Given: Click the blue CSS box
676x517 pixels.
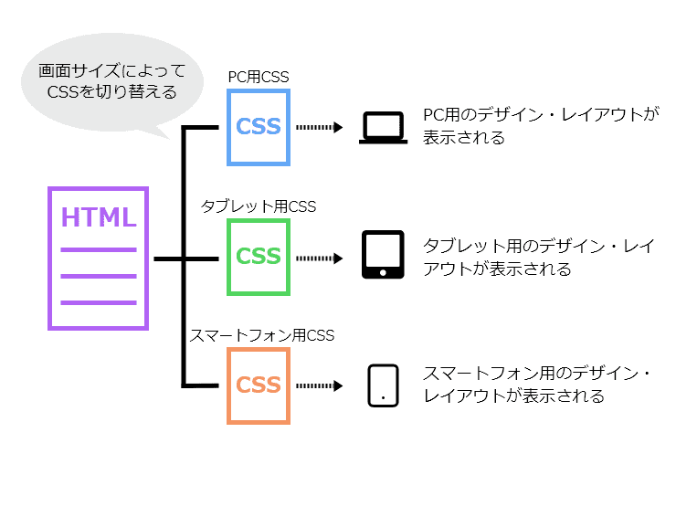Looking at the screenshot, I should tap(259, 127).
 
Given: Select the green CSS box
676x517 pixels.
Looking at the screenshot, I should tap(259, 257).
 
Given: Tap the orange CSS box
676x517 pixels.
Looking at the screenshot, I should tap(259, 385).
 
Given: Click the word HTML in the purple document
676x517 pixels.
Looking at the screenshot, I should tap(99, 218).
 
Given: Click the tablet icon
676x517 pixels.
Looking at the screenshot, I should tap(382, 255).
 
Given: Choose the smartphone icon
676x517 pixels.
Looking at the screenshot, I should tap(382, 385).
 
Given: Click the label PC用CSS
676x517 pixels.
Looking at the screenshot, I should tap(259, 78).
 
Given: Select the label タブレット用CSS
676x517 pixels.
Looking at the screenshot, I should tap(259, 207).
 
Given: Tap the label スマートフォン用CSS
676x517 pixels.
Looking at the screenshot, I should tap(262, 335).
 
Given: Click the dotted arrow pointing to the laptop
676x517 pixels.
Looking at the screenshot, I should tap(320, 128).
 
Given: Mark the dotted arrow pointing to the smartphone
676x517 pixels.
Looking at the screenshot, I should tap(320, 385).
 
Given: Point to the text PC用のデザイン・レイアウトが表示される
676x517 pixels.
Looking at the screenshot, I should tap(528, 127).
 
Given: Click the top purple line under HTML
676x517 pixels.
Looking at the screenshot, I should tap(99, 249).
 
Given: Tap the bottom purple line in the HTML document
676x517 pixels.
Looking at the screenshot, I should tap(99, 302).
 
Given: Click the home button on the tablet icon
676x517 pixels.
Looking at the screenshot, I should tap(382, 271).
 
